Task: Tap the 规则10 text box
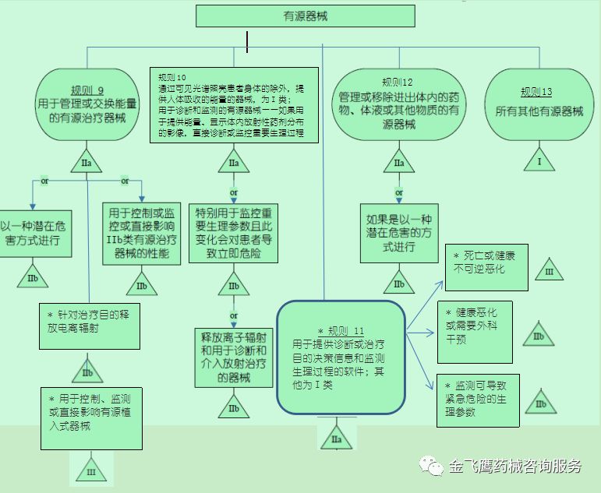(x=235, y=106)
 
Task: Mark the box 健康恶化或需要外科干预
(x=475, y=330)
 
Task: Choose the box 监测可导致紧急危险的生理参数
(x=478, y=399)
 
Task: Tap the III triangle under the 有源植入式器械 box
(x=91, y=470)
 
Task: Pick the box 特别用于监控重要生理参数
(x=233, y=233)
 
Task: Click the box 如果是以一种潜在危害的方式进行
(x=399, y=233)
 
